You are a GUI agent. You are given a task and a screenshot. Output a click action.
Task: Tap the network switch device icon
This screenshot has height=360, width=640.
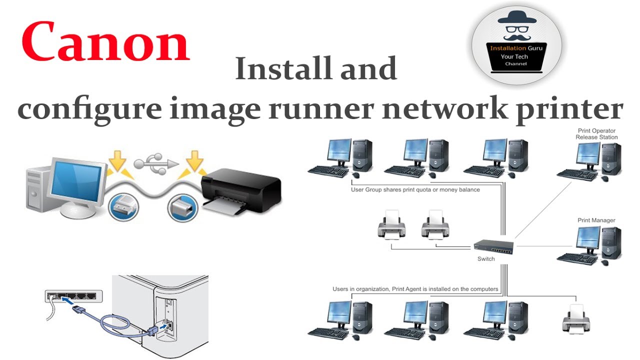click(493, 245)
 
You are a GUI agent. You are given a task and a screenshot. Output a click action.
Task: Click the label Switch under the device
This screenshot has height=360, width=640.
click(486, 259)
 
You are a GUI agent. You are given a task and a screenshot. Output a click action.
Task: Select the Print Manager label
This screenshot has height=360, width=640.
click(596, 220)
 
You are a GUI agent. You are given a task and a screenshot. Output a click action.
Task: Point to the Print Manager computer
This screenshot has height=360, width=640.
click(589, 245)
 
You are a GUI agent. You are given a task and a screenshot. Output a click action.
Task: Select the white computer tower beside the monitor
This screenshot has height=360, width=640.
click(37, 190)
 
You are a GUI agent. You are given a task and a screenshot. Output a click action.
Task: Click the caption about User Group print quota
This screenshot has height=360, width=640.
click(415, 190)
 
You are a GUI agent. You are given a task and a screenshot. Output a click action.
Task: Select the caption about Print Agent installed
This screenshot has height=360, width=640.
click(415, 289)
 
